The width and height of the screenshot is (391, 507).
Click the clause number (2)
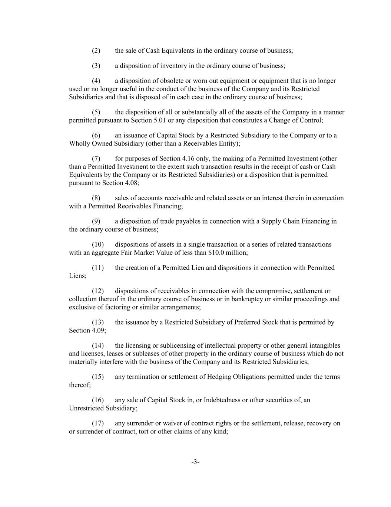96,51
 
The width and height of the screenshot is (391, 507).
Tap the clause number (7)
96,159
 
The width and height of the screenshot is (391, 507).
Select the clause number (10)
97,244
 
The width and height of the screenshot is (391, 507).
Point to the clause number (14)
97,345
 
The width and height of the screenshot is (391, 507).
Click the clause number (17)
97,423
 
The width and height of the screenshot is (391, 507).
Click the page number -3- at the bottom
195,462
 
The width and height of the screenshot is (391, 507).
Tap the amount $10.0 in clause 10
216,253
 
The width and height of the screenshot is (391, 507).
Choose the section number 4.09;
98,330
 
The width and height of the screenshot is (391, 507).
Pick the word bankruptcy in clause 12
247,299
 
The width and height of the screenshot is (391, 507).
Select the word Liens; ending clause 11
77,276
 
